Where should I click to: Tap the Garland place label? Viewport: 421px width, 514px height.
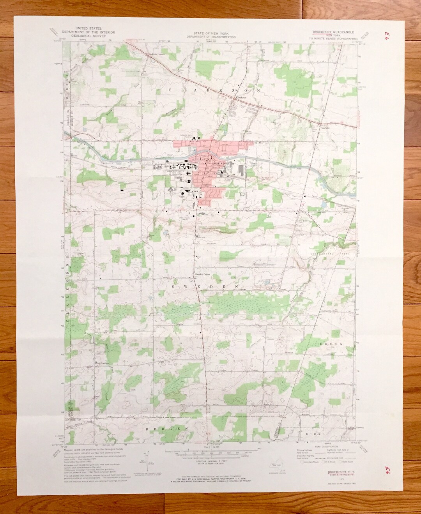(325, 127)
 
